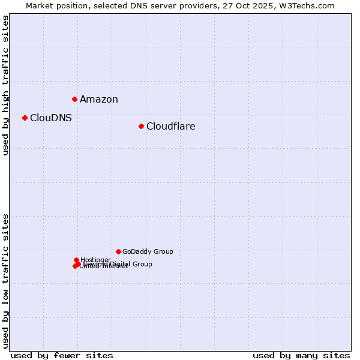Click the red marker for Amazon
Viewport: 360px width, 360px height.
(x=74, y=99)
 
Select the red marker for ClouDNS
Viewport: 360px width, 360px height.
(x=25, y=118)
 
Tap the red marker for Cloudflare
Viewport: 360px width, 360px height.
(x=141, y=126)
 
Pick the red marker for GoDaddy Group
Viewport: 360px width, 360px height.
(x=118, y=251)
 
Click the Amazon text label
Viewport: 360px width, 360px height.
(x=99, y=100)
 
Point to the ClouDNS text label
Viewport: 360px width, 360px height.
(x=51, y=118)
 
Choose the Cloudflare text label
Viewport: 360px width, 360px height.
(x=171, y=127)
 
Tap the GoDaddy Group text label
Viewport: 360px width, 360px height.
(x=148, y=252)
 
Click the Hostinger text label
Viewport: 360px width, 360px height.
(x=95, y=260)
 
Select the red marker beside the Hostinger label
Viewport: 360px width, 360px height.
(x=76, y=260)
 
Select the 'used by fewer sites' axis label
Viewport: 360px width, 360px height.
(x=62, y=355)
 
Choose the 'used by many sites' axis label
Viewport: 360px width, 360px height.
(x=301, y=355)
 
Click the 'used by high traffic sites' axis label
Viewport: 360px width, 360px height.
(x=6, y=85)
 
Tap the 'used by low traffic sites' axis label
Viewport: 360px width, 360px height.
(x=6, y=281)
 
